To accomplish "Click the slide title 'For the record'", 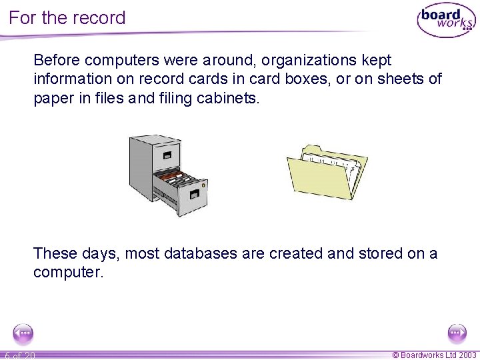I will tap(67, 17).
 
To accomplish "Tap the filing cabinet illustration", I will tap(167, 174).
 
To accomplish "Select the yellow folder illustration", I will tap(327, 172).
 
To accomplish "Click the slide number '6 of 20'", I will tap(20, 355).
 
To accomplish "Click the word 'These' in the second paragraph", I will tap(55, 253).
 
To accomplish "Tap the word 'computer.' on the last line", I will tap(69, 273).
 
